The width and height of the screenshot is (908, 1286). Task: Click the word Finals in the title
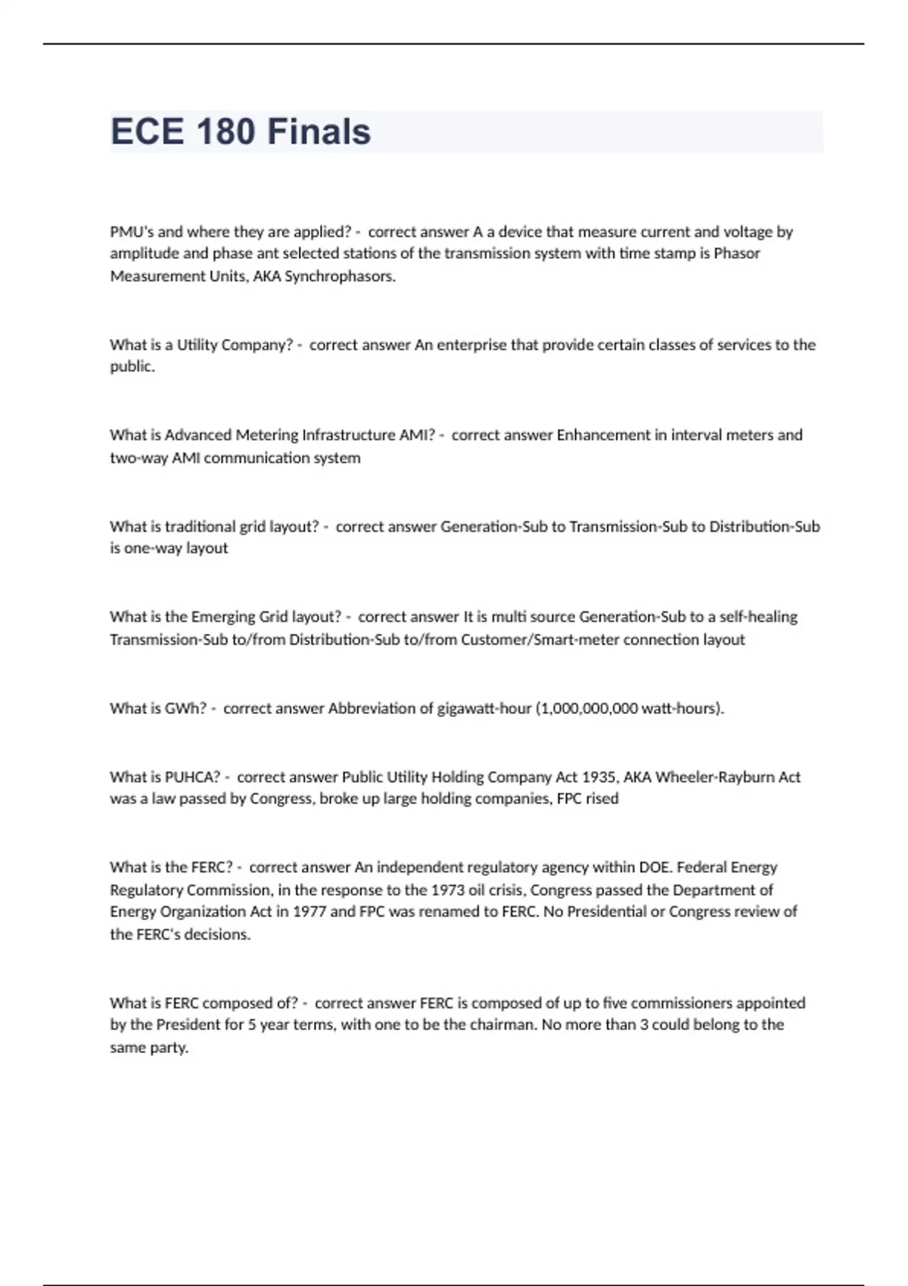click(319, 132)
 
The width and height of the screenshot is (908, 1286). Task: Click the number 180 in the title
click(225, 132)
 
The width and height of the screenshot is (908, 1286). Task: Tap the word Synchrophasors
click(340, 276)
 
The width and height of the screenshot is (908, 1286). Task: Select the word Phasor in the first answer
click(737, 253)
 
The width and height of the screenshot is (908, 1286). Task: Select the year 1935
click(599, 777)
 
